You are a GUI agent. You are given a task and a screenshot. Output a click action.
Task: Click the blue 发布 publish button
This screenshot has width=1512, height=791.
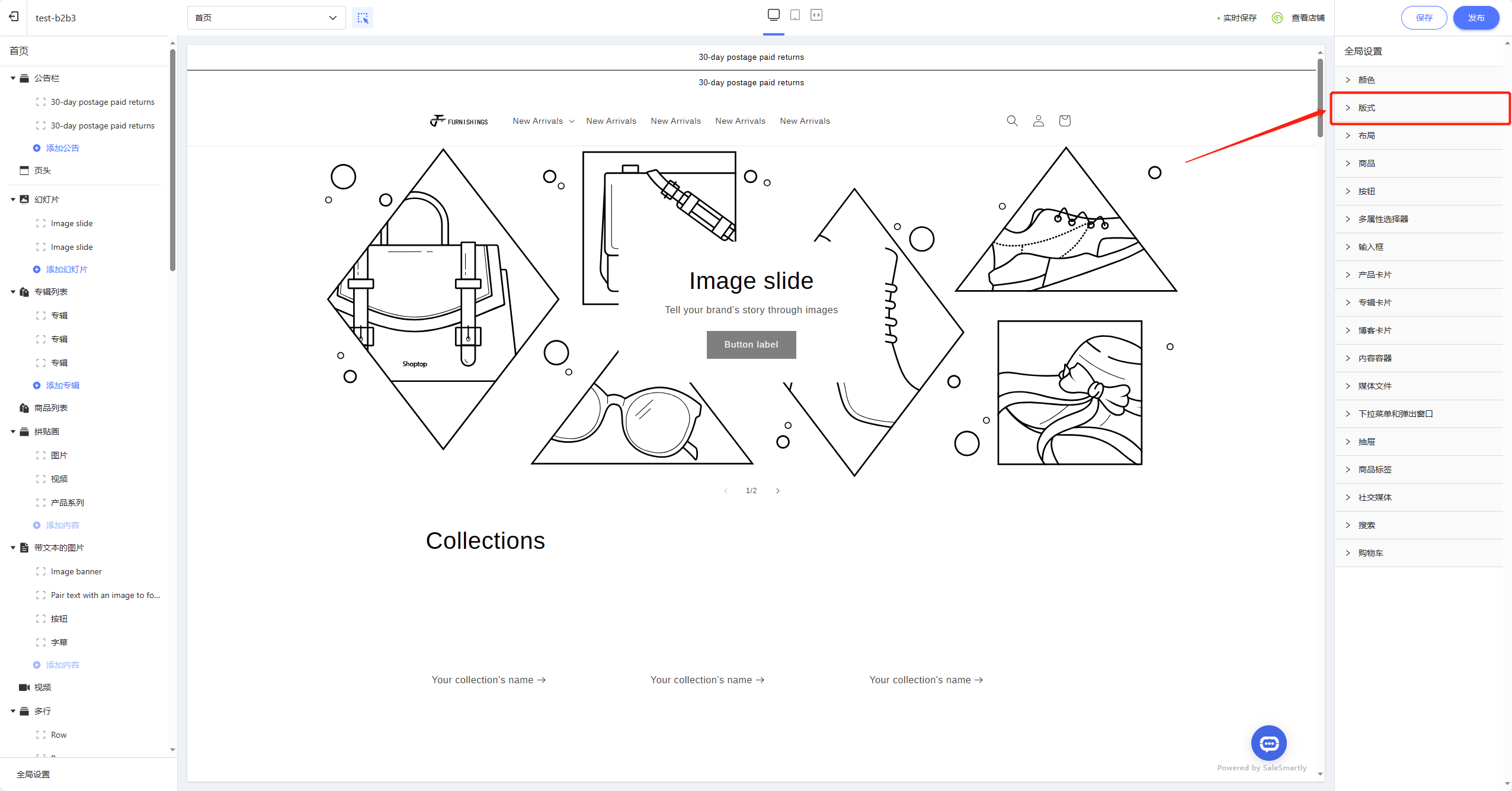(1476, 18)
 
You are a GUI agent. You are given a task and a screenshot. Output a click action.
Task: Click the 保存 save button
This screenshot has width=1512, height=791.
(1424, 18)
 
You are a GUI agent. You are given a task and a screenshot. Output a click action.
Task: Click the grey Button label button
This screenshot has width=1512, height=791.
(751, 345)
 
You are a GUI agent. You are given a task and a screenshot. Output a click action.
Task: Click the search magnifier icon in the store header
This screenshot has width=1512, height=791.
(1013, 121)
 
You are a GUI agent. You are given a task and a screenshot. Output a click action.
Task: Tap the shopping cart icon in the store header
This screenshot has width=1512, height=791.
(1065, 121)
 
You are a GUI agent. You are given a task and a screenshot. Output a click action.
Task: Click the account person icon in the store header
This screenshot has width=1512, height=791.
(1039, 121)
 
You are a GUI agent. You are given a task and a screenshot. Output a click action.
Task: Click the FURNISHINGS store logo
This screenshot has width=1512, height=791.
(459, 121)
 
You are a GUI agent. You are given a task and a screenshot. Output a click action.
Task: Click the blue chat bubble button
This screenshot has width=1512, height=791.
(1268, 743)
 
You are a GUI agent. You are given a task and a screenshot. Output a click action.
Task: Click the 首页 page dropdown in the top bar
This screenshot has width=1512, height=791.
(266, 18)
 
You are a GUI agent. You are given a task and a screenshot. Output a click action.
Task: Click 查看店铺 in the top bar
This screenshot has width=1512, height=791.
(1308, 18)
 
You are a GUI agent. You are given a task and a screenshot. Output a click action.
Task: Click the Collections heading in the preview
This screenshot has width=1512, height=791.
(485, 541)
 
